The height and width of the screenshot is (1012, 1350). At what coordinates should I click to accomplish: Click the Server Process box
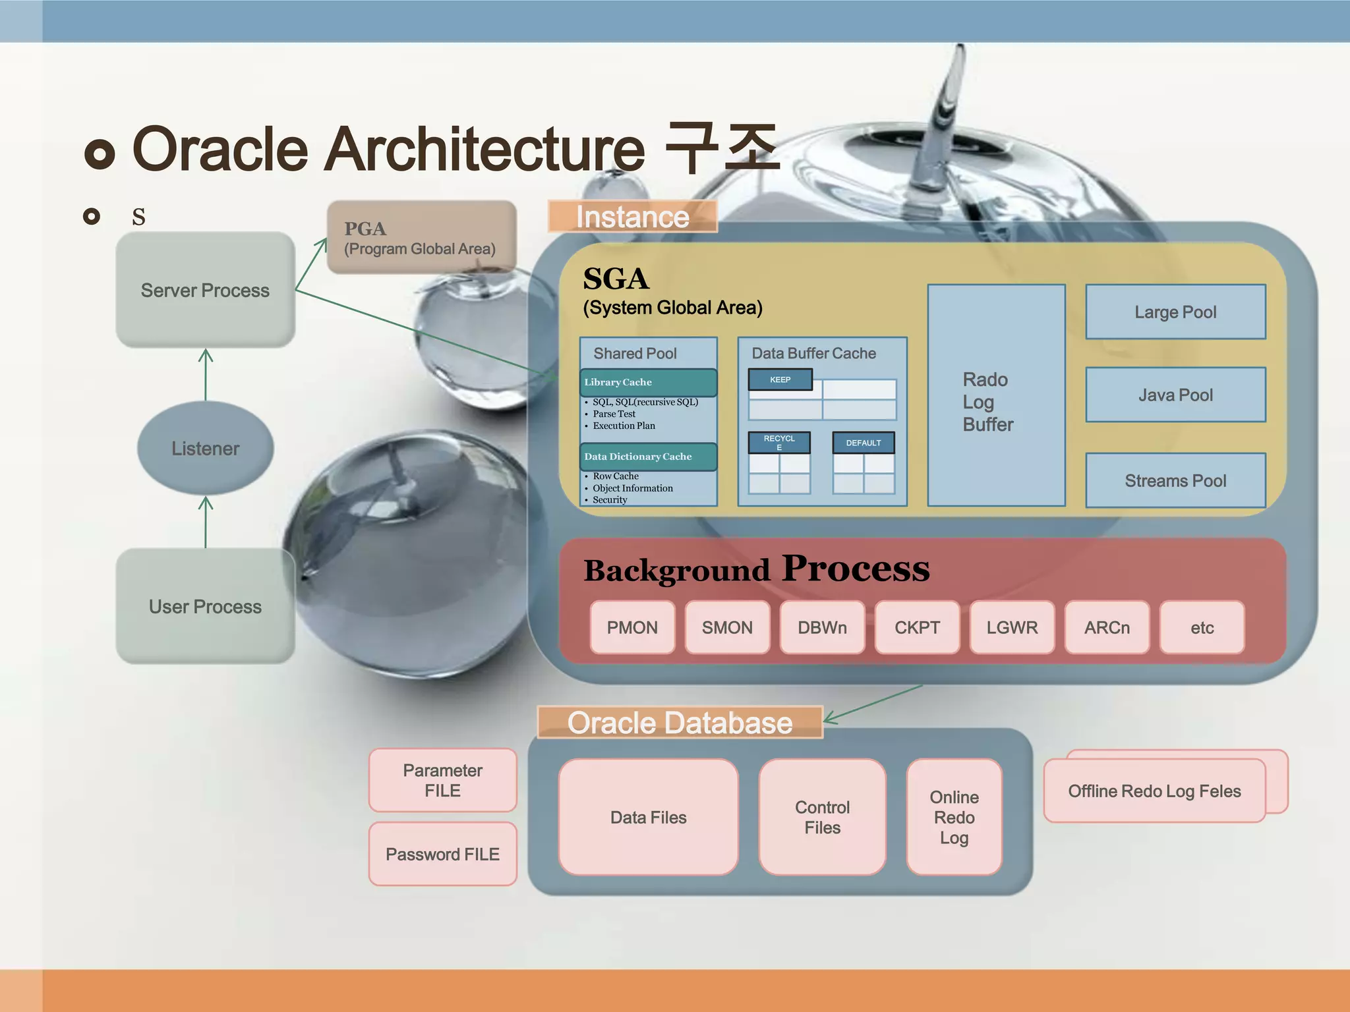tap(205, 290)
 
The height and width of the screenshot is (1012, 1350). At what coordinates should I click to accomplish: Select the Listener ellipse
tap(205, 448)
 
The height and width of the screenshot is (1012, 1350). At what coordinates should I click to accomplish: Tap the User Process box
tap(205, 606)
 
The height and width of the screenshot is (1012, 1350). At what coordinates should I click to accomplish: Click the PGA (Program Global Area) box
tap(421, 238)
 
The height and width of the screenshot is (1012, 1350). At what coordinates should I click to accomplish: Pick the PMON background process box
tap(632, 627)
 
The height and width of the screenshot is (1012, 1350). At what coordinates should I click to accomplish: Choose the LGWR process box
tap(1012, 627)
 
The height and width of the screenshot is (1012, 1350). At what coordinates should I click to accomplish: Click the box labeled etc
tap(1202, 627)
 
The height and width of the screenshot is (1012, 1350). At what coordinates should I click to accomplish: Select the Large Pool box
tap(1175, 312)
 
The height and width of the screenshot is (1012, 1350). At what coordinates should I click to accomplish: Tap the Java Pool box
tap(1175, 395)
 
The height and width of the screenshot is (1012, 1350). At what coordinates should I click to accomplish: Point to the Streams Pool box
tap(1175, 480)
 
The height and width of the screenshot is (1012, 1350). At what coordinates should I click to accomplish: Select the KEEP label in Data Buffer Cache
tap(780, 379)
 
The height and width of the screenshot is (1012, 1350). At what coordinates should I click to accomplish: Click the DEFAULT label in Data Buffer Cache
tap(863, 443)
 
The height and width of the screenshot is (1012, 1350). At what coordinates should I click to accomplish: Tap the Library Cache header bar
tap(648, 382)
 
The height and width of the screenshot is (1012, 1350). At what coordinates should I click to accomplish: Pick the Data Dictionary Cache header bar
tap(648, 457)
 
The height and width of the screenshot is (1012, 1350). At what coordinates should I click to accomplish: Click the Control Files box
tap(822, 817)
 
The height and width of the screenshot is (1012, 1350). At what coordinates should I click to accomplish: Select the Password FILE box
tap(442, 854)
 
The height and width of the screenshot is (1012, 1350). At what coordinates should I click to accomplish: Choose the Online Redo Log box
tap(954, 817)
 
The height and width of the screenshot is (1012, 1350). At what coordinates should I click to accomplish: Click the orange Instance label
tap(632, 217)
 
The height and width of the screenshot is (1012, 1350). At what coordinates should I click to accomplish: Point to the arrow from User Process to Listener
tap(206, 522)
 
